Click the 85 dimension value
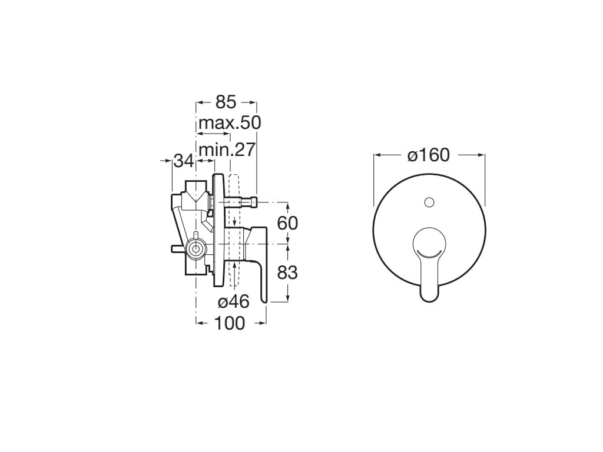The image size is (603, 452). coord(226,102)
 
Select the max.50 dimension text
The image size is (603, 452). coord(229,124)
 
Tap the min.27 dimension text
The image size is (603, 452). coord(227,149)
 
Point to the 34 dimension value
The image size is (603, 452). coord(184,159)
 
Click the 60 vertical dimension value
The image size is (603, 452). coord(287,223)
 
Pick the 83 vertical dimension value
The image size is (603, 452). coord(287,272)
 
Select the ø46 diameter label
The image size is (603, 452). coord(234,302)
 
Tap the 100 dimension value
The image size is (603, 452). coord(229,323)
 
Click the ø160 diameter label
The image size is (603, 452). coord(429,155)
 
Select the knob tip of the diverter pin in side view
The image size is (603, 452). coord(254,202)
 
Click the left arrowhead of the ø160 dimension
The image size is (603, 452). coord(377,155)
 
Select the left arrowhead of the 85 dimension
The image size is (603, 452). coord(199,102)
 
